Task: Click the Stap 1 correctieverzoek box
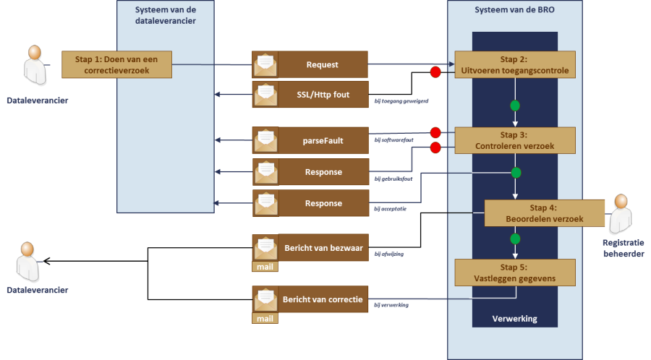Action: [116, 64]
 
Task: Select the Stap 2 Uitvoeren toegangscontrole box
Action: [514, 64]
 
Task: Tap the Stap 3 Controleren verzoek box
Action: [514, 140]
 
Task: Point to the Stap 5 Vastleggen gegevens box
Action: [514, 273]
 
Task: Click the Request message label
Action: [323, 64]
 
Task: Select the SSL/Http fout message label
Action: [323, 95]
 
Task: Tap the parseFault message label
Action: [323, 140]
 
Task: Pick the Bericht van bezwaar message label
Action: [323, 248]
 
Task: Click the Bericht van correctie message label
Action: [323, 299]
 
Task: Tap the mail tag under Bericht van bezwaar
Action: [265, 267]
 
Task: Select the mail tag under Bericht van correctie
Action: [265, 318]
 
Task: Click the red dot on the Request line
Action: [435, 72]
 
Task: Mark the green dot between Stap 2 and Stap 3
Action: [515, 106]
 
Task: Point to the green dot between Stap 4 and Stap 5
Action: [515, 239]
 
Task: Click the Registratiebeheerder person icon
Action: [621, 211]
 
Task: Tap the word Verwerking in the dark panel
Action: [514, 319]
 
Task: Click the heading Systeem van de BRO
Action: [514, 9]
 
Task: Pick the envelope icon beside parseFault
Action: [265, 140]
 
